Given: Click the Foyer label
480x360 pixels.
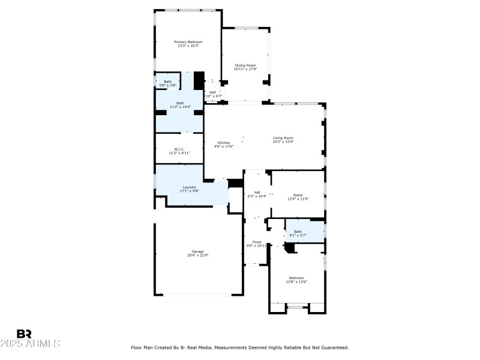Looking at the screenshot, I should (256, 243).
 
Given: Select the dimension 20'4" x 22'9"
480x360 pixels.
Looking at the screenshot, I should (197, 255).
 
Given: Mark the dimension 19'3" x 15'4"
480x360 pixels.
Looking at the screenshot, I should (283, 142).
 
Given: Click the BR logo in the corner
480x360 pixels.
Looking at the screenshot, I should (24, 334).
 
